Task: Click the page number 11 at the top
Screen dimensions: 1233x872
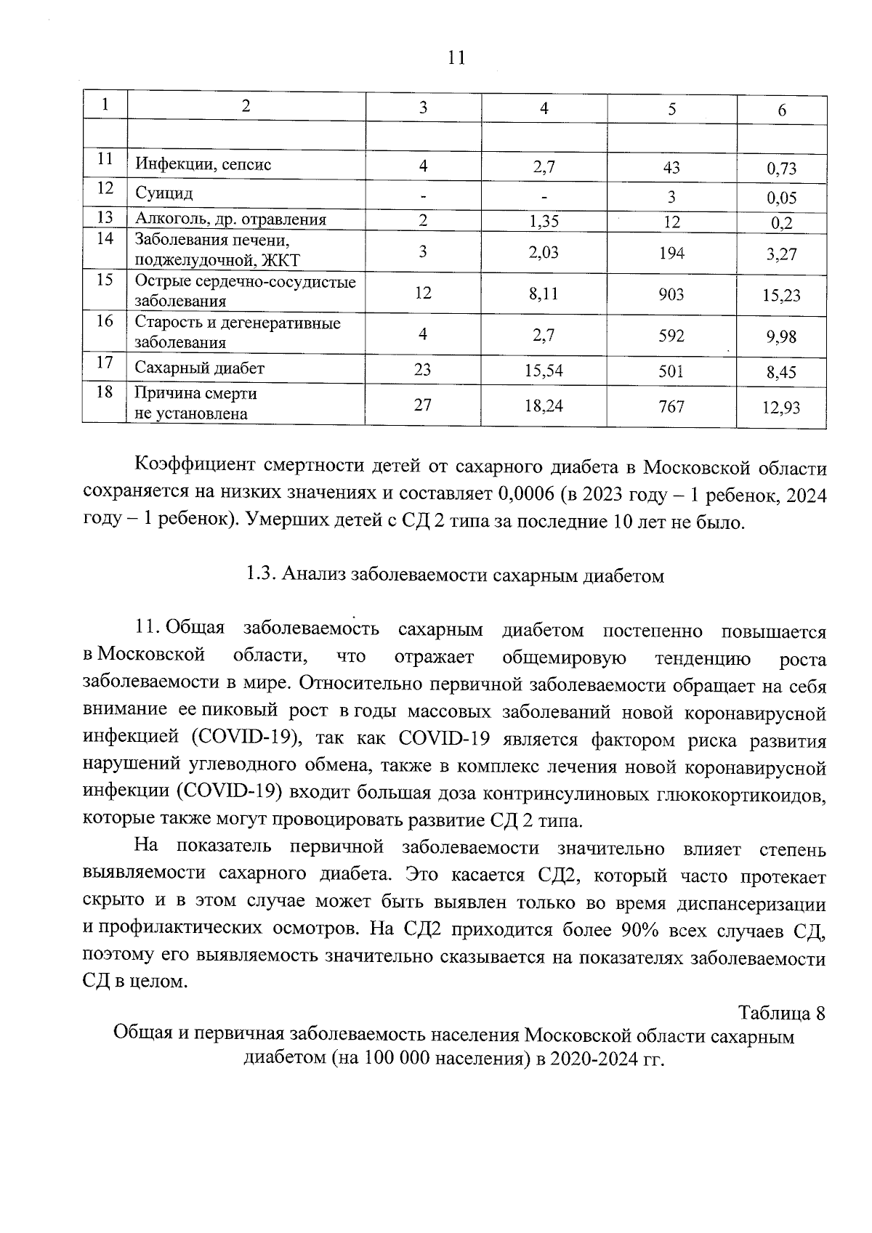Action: [456, 58]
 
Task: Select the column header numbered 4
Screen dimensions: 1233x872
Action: [544, 108]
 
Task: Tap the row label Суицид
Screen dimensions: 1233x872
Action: [164, 193]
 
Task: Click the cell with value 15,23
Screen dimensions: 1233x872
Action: [782, 296]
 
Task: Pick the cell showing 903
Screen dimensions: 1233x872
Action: [671, 294]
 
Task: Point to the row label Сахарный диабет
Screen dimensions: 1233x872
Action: [200, 368]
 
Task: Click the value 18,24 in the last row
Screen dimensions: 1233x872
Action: [544, 406]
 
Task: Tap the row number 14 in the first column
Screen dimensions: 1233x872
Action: [105, 238]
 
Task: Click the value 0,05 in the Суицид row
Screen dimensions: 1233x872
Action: [782, 198]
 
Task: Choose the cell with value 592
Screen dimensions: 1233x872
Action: [671, 336]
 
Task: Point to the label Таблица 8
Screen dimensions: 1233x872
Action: [782, 1012]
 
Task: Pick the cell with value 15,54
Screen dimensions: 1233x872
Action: [544, 371]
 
